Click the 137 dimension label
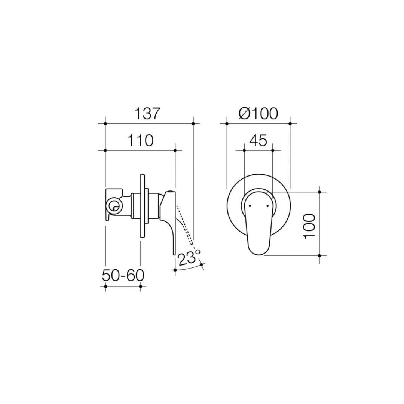point(147,113)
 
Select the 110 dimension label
point(140,141)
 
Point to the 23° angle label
point(189,258)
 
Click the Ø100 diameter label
point(258,113)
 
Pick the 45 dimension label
point(258,141)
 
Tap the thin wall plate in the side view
point(143,206)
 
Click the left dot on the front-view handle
point(250,205)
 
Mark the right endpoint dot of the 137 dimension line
point(193,123)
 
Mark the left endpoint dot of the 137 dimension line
point(105,123)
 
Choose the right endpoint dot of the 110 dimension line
point(175,150)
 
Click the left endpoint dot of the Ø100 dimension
point(226,123)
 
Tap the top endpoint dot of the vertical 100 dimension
point(319,192)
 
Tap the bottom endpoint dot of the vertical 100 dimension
point(319,256)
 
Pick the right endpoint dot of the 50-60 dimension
point(140,287)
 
